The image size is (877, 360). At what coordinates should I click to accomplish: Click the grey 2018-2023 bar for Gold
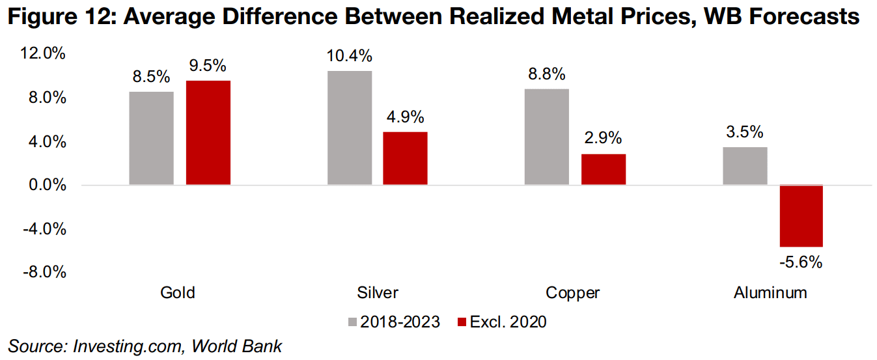[151, 139]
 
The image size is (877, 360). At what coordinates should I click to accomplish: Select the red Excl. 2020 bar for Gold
[208, 133]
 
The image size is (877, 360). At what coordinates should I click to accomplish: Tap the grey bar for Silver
[349, 128]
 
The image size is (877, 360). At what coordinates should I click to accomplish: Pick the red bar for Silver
[405, 158]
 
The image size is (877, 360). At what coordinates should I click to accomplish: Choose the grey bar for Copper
[546, 137]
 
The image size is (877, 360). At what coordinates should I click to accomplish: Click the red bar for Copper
[603, 169]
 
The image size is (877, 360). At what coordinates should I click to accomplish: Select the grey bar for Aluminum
[745, 166]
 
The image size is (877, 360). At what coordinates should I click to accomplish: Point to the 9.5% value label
[208, 66]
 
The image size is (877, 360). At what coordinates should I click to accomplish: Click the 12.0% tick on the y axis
[44, 54]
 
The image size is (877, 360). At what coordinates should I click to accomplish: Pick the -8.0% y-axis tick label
[44, 273]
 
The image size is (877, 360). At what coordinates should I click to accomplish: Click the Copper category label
[573, 293]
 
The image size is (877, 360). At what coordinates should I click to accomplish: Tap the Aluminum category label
[770, 293]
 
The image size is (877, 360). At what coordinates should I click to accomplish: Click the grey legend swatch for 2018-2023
[354, 322]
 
